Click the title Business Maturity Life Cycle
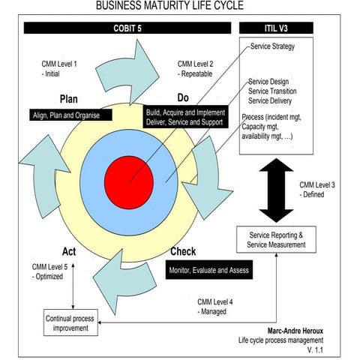(x=179, y=7)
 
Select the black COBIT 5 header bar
(x=127, y=28)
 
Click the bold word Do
(x=182, y=98)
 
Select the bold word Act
(x=64, y=251)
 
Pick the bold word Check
(x=183, y=251)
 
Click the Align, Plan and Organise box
(x=72, y=115)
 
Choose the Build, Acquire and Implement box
(x=190, y=117)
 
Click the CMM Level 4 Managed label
(x=215, y=306)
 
